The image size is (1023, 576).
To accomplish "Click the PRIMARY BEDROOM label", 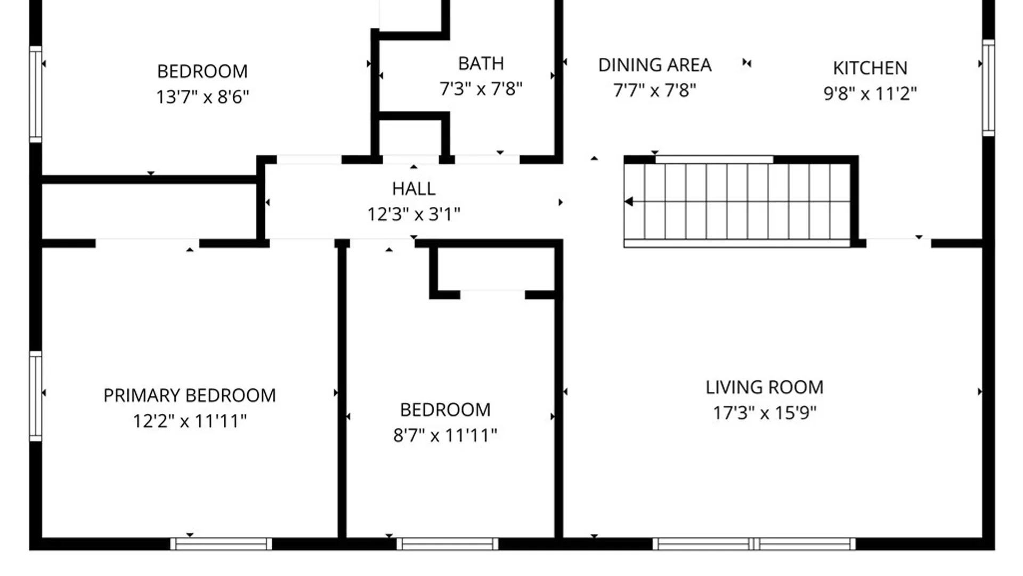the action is coord(190,396).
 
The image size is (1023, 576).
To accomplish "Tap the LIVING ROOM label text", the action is coord(765,387).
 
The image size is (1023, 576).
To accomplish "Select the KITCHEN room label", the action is coord(870,68).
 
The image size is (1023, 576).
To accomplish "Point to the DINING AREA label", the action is coord(655,65).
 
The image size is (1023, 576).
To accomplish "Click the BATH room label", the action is coord(481,63).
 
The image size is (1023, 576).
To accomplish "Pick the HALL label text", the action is coord(413,189).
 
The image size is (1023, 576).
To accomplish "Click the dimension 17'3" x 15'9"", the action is coord(765,413).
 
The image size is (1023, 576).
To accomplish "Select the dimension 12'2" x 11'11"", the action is coord(190,421).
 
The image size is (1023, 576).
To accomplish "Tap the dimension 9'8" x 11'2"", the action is coord(870,94).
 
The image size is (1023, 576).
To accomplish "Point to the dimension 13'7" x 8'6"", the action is coord(202,97).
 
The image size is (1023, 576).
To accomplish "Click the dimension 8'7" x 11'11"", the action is coord(445,436).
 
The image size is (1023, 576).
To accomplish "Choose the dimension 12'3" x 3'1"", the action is coord(413,214).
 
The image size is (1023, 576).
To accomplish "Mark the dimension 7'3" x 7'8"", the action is coord(481,89).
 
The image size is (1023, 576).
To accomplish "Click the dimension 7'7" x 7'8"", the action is coord(655,91).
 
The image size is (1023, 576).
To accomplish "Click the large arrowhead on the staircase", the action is coord(629,202).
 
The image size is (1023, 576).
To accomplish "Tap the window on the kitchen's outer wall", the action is coord(988,87).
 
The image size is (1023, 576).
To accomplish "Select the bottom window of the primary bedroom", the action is coord(221,544).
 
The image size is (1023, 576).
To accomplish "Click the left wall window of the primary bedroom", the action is coord(35,396).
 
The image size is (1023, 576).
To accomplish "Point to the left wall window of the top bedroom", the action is coord(35,94).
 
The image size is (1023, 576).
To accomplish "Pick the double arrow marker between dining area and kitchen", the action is coord(747,63).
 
